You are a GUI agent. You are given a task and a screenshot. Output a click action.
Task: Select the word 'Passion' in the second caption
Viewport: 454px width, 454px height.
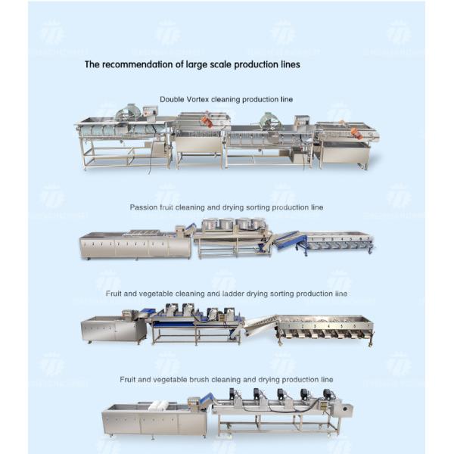[142, 207]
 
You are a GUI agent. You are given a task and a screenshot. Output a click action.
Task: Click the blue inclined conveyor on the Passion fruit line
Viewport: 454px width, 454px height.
[289, 240]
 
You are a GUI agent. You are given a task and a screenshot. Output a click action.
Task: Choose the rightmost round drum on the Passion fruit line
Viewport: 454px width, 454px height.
[260, 224]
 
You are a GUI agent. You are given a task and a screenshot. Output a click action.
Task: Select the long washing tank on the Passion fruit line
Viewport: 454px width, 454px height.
[135, 245]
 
